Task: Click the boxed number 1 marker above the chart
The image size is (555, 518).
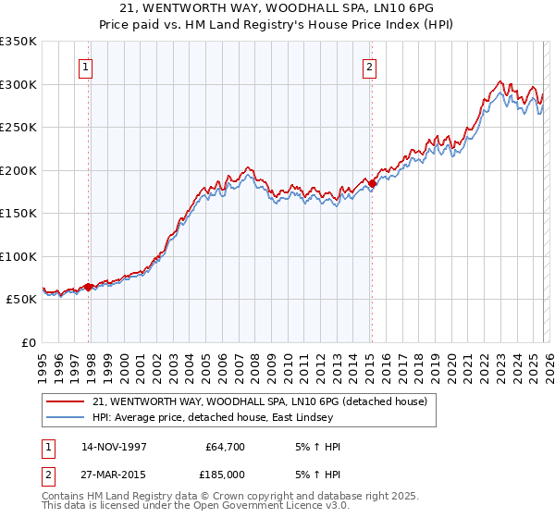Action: [x=85, y=66]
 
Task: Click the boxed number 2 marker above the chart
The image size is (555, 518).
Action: [x=369, y=66]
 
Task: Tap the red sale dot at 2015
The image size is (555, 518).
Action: [x=372, y=184]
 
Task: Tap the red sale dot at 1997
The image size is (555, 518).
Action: [x=89, y=287]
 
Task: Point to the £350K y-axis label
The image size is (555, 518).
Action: [x=18, y=42]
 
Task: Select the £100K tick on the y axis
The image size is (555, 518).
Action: [x=18, y=256]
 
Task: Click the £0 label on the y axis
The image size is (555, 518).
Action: [x=30, y=342]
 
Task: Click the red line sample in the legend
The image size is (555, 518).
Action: [x=66, y=402]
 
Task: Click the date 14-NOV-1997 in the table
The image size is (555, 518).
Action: [x=114, y=447]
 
